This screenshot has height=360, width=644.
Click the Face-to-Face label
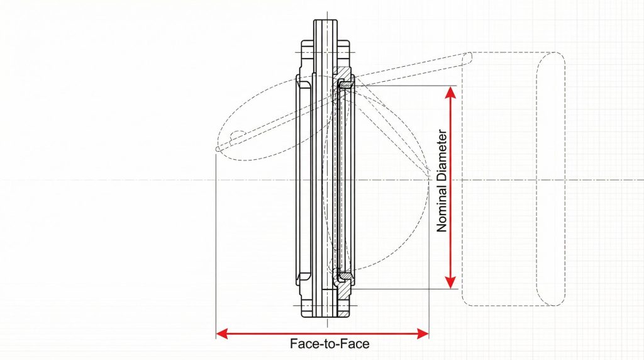tap(330, 344)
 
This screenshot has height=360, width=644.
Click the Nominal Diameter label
tap(442, 181)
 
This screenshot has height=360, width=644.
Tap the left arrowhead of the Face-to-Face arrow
tap(222, 334)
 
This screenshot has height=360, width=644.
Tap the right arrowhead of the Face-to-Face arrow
tap(423, 334)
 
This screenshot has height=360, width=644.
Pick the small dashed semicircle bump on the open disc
tap(237, 135)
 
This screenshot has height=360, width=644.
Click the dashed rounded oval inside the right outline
tap(551, 179)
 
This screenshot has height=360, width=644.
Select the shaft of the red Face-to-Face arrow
tap(323, 334)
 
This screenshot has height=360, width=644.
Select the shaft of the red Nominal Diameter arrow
tap(450, 188)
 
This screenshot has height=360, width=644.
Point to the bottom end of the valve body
tap(326, 317)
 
